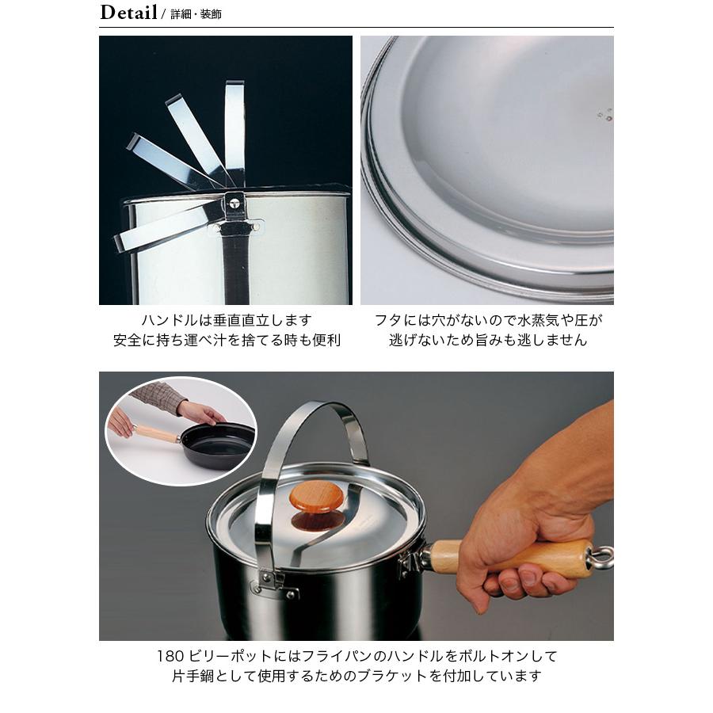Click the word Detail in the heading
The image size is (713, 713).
click(128, 12)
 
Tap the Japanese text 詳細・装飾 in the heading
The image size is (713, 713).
click(196, 14)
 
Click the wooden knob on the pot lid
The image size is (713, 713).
click(317, 505)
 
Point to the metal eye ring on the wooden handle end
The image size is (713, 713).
click(601, 555)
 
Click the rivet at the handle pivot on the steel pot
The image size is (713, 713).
click(234, 204)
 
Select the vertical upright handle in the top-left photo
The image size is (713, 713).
click(234, 135)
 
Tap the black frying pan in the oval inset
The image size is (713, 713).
click(216, 447)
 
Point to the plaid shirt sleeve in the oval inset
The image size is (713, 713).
click(158, 395)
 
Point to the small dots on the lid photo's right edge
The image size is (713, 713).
click(604, 115)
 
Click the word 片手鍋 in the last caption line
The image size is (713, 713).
click(193, 677)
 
